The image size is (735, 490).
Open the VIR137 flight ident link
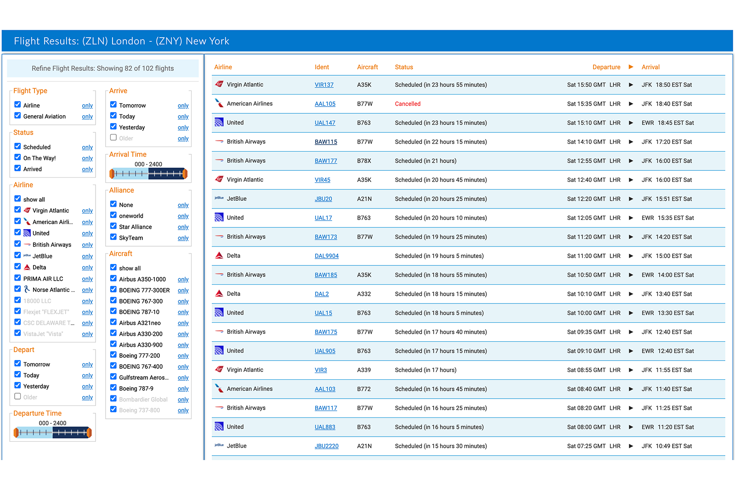pyautogui.click(x=324, y=85)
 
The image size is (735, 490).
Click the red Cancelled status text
pyautogui.click(x=407, y=104)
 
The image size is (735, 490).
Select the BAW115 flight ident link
pyautogui.click(x=326, y=142)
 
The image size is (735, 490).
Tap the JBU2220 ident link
pyautogui.click(x=326, y=446)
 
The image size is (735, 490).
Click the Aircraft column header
pyautogui.click(x=367, y=67)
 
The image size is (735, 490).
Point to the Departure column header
pyautogui.click(x=606, y=67)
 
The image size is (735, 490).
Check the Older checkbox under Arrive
pyautogui.click(x=113, y=137)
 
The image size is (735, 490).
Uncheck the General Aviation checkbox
pyautogui.click(x=18, y=116)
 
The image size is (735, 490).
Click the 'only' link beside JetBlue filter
pyautogui.click(x=87, y=256)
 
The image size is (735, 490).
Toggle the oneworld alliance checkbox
pyautogui.click(x=113, y=215)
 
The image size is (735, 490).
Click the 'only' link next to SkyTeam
pyautogui.click(x=183, y=238)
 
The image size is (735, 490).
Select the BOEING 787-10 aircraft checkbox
pyautogui.click(x=113, y=311)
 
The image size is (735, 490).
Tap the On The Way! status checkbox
pyautogui.click(x=18, y=158)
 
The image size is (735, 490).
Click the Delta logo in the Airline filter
pyautogui.click(x=27, y=267)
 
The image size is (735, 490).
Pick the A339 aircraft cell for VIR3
pyautogui.click(x=364, y=370)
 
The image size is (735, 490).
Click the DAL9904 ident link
pyautogui.click(x=326, y=256)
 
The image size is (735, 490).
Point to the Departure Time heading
pyautogui.click(x=37, y=413)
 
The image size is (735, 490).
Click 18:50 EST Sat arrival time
pyautogui.click(x=673, y=85)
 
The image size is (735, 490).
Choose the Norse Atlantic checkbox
pyautogui.click(x=18, y=289)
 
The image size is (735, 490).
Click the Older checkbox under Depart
pyautogui.click(x=18, y=396)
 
